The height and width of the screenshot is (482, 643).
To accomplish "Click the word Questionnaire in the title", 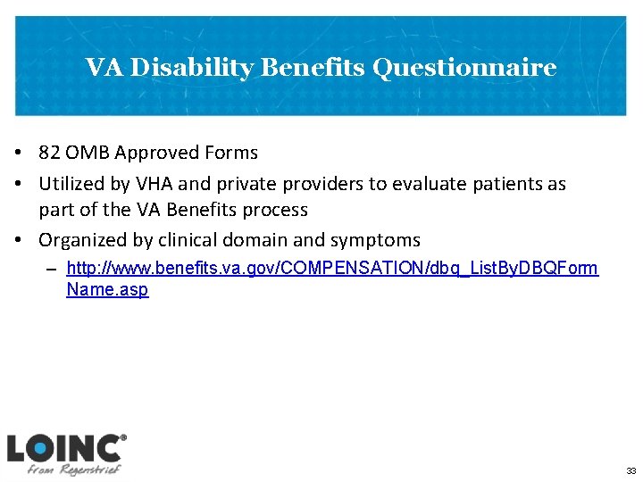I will [x=464, y=69].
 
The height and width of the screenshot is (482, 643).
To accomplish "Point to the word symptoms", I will [x=377, y=240].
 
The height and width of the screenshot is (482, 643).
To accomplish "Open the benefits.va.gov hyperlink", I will [x=332, y=269].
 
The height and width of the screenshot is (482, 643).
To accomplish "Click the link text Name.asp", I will [x=107, y=290].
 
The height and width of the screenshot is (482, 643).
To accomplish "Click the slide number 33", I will [x=630, y=470].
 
